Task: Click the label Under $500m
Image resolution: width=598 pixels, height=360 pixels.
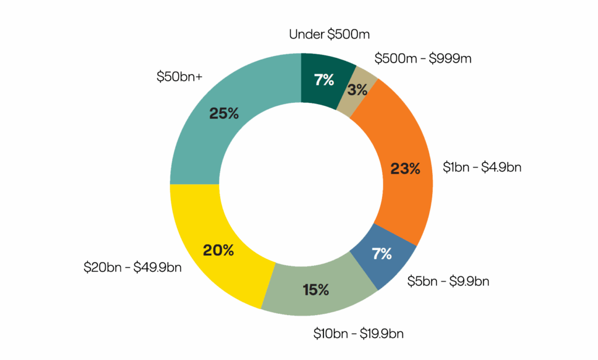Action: (x=329, y=34)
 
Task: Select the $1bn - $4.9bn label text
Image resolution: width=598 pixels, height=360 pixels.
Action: (x=482, y=168)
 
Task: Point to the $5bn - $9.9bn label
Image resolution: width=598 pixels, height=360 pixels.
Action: (x=448, y=281)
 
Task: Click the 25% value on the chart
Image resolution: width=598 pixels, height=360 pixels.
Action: (x=224, y=114)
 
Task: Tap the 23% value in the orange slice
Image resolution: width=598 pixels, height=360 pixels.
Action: (x=405, y=169)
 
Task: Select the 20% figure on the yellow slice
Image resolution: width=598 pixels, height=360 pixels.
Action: (x=218, y=251)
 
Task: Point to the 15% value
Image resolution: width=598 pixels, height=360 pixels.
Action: (x=316, y=289)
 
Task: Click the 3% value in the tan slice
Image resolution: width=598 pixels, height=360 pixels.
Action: (x=357, y=90)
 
